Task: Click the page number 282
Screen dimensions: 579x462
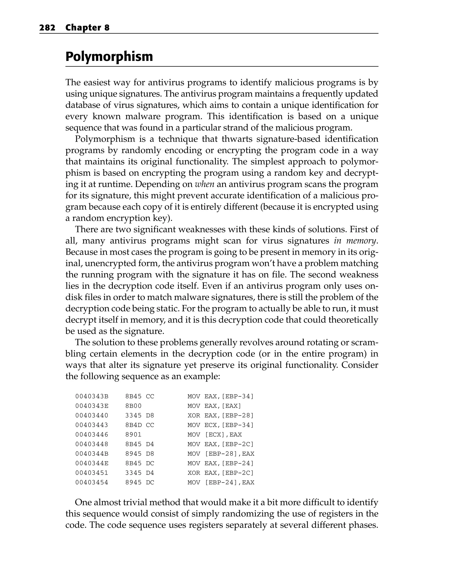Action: pyautogui.click(x=47, y=28)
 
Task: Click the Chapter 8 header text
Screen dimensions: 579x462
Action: pyautogui.click(x=87, y=28)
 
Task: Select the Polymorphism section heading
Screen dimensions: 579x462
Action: pyautogui.click(x=109, y=56)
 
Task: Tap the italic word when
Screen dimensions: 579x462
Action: pyautogui.click(x=204, y=184)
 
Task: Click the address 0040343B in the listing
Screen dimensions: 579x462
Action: pyautogui.click(x=92, y=396)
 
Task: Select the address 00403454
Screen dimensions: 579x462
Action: pyautogui.click(x=92, y=482)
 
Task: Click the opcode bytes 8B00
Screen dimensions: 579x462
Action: pyautogui.click(x=134, y=406)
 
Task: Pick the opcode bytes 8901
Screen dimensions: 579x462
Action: pyautogui.click(x=134, y=434)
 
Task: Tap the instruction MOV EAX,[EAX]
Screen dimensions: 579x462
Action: pyautogui.click(x=214, y=406)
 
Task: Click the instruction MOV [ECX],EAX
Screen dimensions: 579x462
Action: pyautogui.click(x=214, y=434)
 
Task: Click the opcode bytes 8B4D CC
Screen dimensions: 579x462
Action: pyautogui.click(x=140, y=425)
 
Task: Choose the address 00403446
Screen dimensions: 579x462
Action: pyautogui.click(x=92, y=434)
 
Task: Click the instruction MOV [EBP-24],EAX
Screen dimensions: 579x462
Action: pyautogui.click(x=221, y=482)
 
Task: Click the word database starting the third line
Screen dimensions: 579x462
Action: pyautogui.click(x=83, y=105)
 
